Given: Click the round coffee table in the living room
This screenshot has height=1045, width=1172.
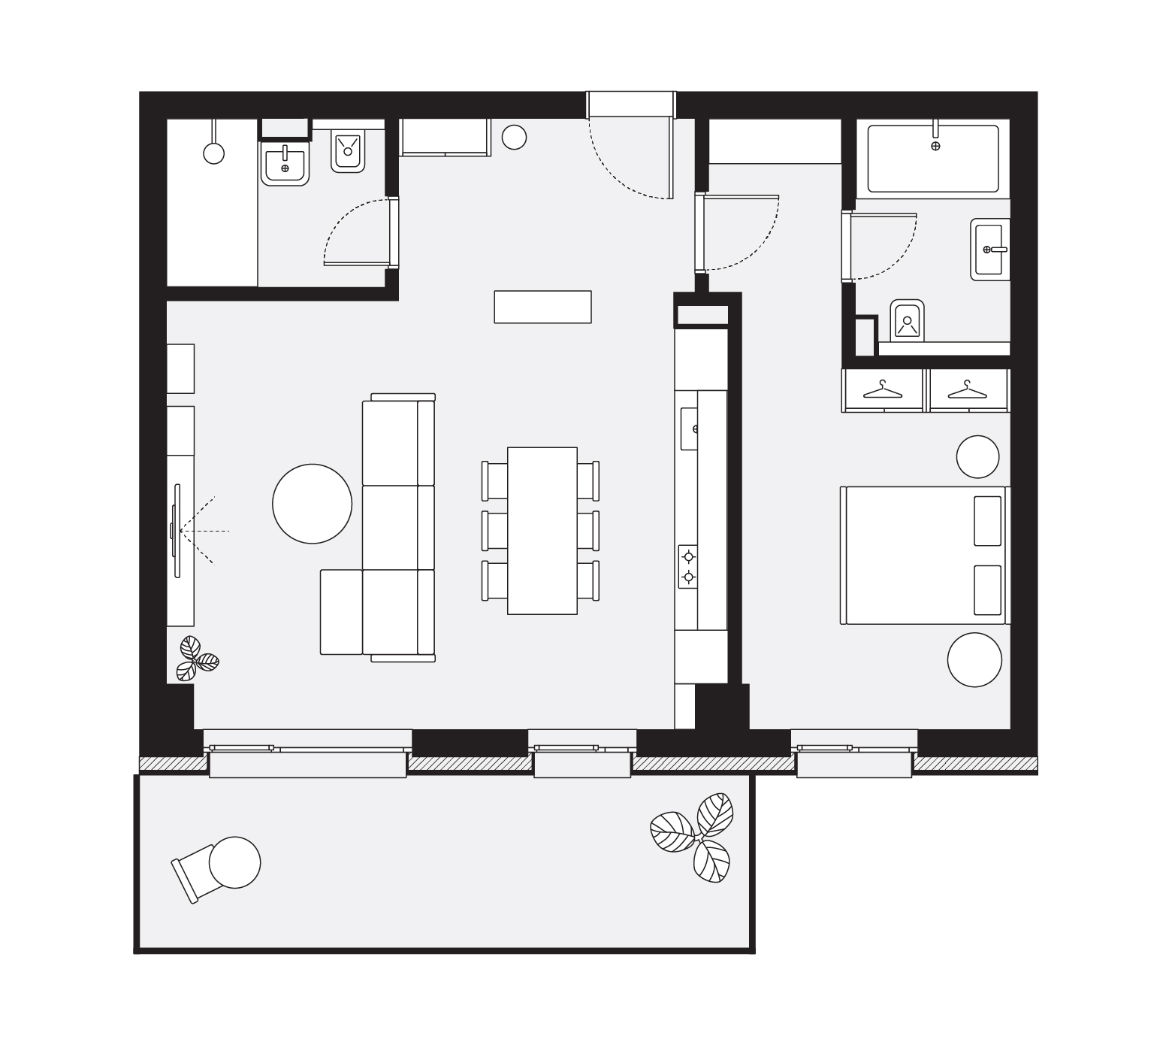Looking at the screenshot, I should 312,504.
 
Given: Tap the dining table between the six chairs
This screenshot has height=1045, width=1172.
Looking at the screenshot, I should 542,530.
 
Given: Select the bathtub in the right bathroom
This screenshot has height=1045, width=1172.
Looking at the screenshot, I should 933,159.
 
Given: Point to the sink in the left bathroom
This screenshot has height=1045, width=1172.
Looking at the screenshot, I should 285,163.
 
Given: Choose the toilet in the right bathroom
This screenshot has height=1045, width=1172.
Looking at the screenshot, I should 907,322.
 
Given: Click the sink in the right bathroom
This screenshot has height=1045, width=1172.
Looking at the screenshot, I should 990,249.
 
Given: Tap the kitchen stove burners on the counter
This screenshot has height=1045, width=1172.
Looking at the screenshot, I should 687,567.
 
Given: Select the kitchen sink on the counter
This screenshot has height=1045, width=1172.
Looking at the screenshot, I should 690,429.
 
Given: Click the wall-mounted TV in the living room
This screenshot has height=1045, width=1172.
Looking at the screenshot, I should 177,531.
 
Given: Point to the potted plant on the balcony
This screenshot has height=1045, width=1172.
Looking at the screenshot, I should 693,834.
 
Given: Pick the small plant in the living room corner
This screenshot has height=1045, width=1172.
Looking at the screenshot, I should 196,659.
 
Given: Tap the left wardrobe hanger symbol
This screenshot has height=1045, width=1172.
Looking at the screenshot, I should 883,389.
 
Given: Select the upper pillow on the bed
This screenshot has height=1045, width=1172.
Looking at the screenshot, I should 987,520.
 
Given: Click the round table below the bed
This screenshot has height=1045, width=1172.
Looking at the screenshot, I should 974,659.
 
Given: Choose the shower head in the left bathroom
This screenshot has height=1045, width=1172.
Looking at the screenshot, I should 214,153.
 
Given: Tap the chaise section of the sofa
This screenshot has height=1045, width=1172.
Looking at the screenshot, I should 341,611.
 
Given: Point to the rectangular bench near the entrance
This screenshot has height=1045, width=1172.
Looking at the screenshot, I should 542,307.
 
